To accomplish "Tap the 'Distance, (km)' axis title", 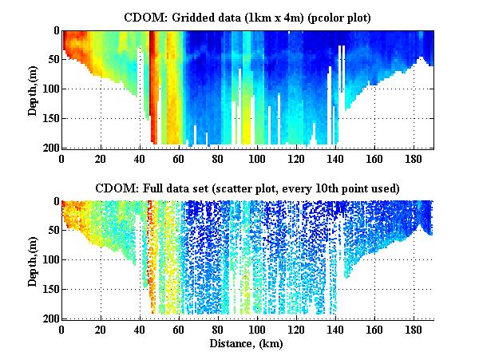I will [247, 343].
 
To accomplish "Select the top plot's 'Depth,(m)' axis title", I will [33, 89].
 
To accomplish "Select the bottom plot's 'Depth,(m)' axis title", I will [33, 260].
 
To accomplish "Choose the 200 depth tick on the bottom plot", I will [48, 319].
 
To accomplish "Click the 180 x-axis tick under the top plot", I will [414, 159].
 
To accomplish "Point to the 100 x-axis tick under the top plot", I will [257, 159].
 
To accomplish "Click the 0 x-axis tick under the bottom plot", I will [61, 330].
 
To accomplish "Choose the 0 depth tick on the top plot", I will [53, 32].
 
